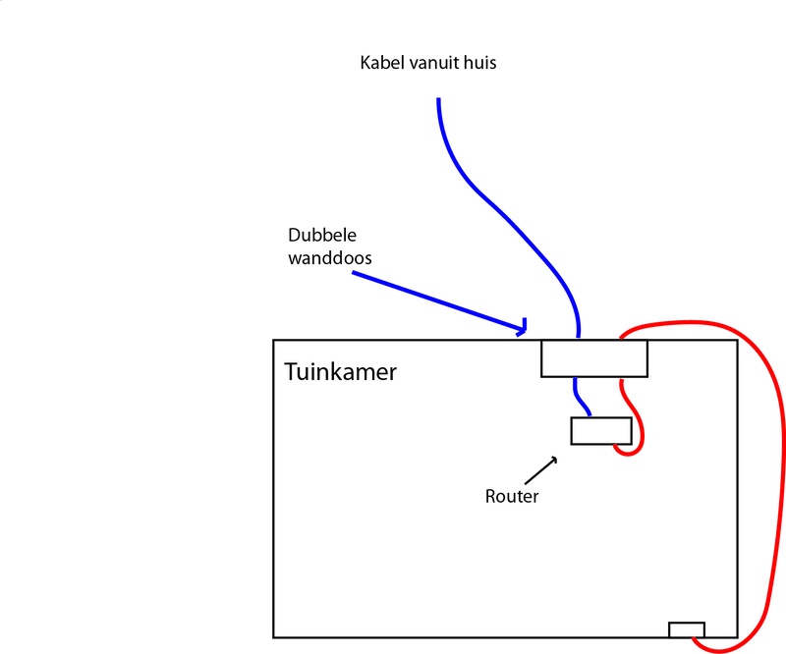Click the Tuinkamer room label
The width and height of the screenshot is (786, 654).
[340, 373]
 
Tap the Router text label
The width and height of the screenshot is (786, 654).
[512, 496]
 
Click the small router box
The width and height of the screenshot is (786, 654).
[601, 431]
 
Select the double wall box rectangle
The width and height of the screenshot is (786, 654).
[594, 358]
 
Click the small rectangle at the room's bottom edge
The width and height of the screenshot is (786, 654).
[686, 629]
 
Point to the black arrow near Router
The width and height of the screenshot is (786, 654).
[546, 465]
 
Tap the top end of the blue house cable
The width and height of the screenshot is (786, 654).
[438, 100]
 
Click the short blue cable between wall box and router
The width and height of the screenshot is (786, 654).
[582, 398]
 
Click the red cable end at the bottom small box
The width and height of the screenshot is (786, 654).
[697, 640]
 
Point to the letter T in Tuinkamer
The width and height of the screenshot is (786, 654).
[291, 373]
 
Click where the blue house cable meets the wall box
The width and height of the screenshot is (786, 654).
[578, 339]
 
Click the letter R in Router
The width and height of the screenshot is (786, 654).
[490, 496]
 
